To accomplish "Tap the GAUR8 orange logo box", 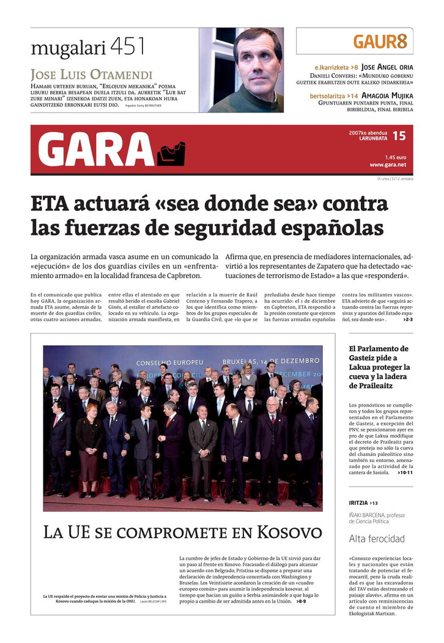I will (380, 42).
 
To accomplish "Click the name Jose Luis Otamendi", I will (91, 75).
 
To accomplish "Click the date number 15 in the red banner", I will (399, 136).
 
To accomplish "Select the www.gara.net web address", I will (388, 164).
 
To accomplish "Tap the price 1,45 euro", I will (395, 156).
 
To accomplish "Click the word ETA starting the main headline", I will (51, 204).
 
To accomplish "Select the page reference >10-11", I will (404, 472).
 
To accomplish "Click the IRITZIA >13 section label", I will (363, 503).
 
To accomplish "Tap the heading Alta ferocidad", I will (377, 538).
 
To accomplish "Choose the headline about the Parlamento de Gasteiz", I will (379, 367).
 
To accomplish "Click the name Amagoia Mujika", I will (387, 96).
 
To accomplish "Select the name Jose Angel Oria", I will (387, 67).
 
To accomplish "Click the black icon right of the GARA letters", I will (171, 153).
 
